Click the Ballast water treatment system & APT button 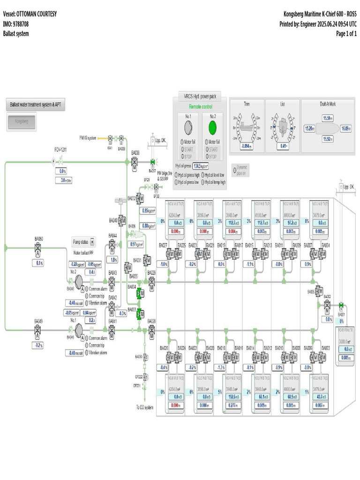coord(35,105)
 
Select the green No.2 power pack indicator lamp coord(213,127)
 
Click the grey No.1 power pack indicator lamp coord(188,127)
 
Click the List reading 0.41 coord(283,146)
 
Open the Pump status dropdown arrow coord(92,242)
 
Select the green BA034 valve coord(139,293)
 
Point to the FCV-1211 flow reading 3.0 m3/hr coord(63,180)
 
